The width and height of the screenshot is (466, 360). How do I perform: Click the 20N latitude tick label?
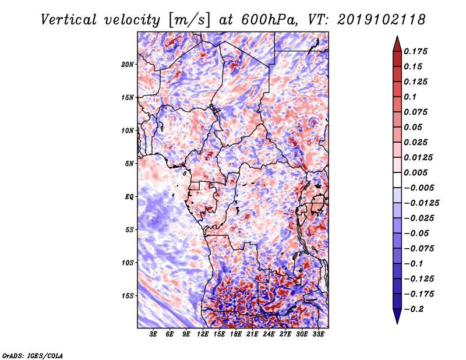pos(128,64)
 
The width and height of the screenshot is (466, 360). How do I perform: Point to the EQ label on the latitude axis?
pos(129,197)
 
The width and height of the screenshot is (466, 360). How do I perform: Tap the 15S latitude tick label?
pos(128,296)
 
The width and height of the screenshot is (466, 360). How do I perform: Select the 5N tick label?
pos(129,164)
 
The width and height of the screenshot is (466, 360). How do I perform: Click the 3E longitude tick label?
pos(153,335)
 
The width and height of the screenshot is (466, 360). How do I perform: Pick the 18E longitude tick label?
pos(236,335)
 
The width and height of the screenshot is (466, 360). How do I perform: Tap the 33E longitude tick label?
pos(319,335)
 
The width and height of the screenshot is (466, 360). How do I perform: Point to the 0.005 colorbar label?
pos(417,172)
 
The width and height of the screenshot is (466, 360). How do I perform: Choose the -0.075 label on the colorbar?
pos(419,248)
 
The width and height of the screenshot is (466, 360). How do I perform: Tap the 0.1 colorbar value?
pos(411,97)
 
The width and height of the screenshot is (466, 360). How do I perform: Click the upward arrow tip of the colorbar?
pos(397,37)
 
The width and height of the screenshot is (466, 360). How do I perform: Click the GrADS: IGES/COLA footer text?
pos(33,355)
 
